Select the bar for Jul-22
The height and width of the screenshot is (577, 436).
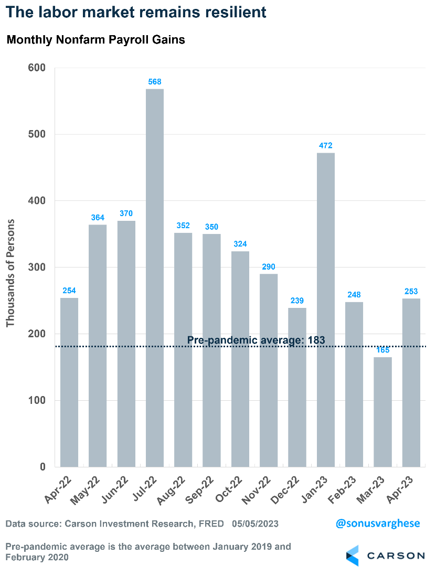[155, 278]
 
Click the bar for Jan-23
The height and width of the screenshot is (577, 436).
[326, 309]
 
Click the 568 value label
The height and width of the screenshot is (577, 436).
[155, 82]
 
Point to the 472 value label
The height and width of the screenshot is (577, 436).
[326, 145]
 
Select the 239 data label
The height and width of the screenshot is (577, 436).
[297, 301]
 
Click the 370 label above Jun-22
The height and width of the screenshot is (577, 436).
[126, 213]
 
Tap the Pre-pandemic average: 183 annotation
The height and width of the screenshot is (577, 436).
[256, 340]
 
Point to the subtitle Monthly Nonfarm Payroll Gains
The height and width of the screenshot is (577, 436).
[95, 40]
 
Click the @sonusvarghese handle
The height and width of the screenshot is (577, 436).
[378, 523]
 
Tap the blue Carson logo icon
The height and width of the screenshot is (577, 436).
[353, 555]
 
